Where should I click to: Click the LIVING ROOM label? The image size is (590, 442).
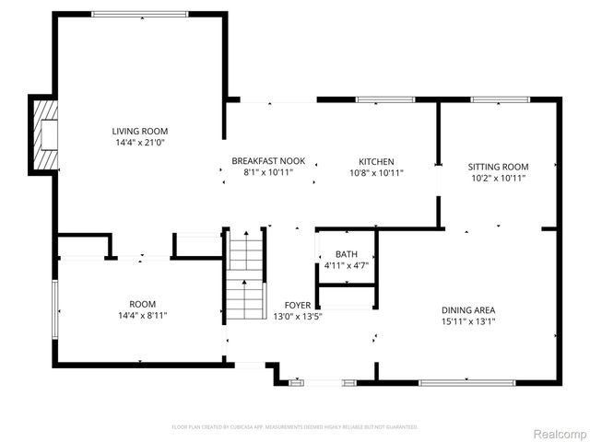[140, 132]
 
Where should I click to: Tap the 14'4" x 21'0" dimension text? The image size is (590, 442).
[140, 143]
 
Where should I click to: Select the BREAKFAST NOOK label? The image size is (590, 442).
[268, 161]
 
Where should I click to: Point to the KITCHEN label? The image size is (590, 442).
[376, 161]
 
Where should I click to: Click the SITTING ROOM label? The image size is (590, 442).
[498, 167]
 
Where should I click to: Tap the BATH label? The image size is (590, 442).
[347, 254]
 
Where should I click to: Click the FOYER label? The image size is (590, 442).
[297, 305]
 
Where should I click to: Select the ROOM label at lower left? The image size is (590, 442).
[142, 304]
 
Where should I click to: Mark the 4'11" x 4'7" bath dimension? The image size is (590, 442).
[347, 265]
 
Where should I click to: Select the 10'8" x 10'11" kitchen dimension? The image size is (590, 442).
[376, 172]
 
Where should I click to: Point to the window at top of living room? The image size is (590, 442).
[140, 14]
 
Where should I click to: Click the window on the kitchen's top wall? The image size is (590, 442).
[378, 99]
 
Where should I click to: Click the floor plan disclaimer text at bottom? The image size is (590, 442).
[295, 426]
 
